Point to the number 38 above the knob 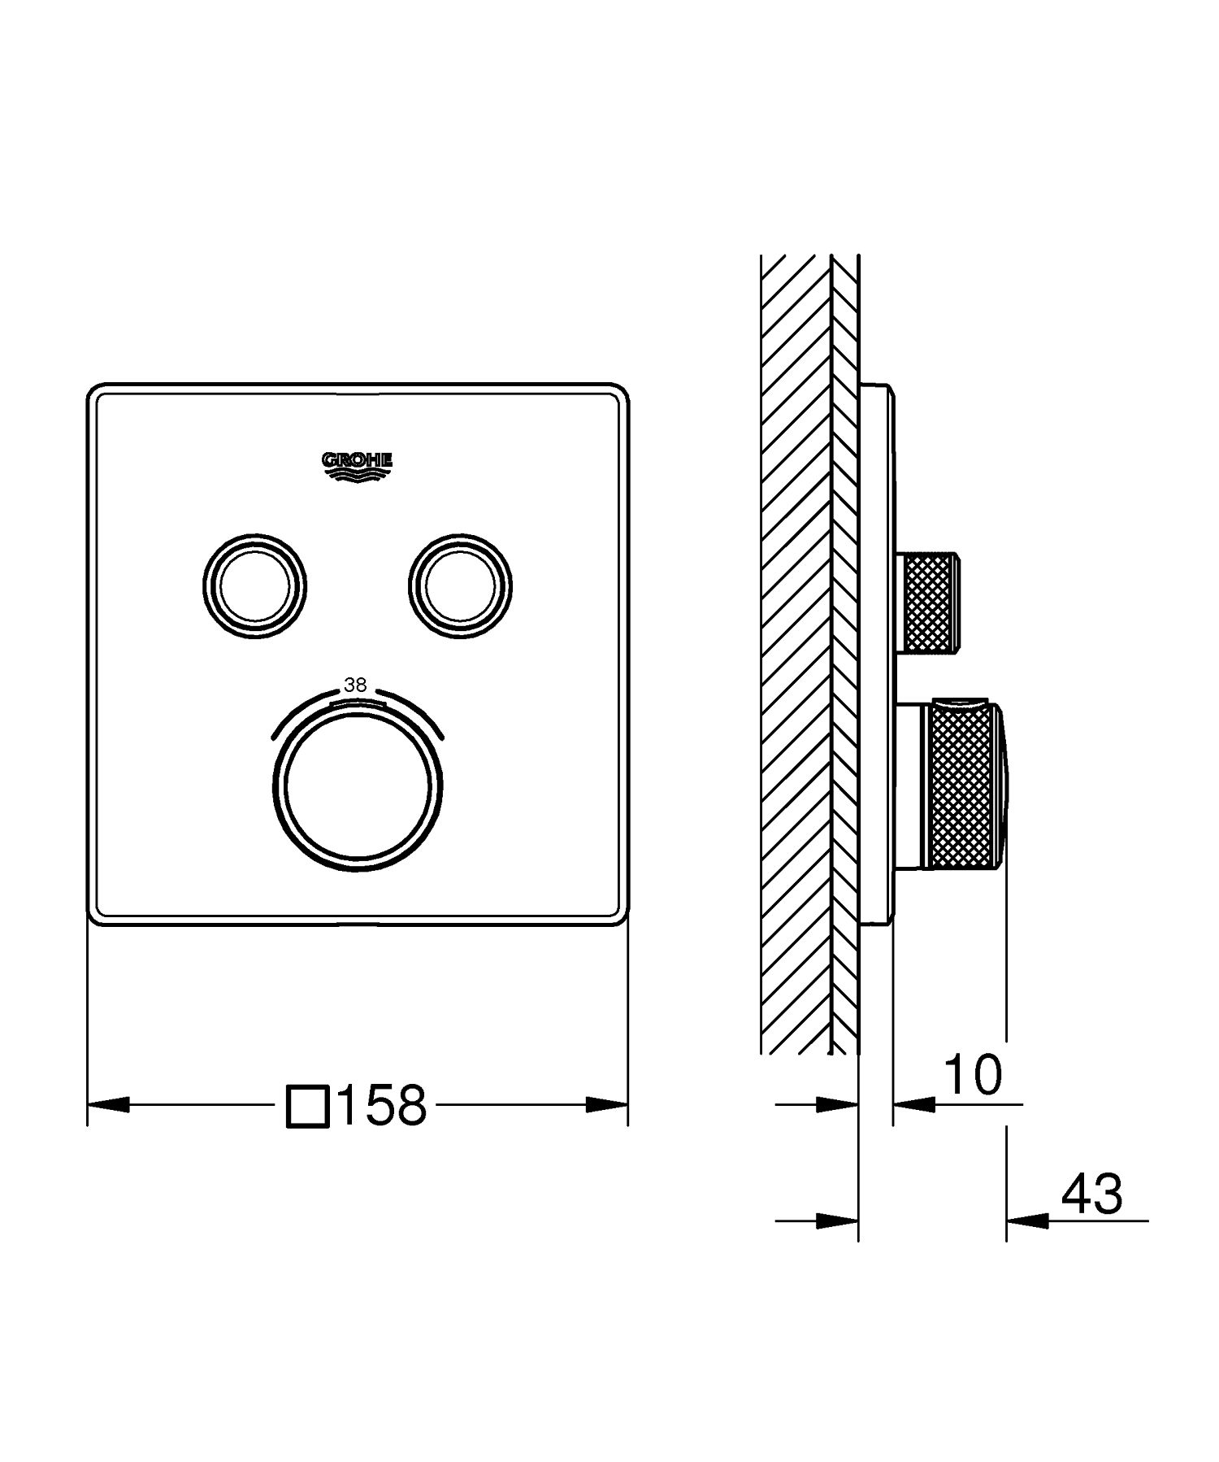pyautogui.click(x=355, y=685)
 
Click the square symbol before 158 pyautogui.click(x=308, y=1106)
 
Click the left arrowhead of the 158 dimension pyautogui.click(x=108, y=1104)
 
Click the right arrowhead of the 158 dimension pyautogui.click(x=606, y=1104)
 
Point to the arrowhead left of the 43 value pyautogui.click(x=1026, y=1220)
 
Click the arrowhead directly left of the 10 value pyautogui.click(x=913, y=1104)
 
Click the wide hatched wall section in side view pyautogui.click(x=795, y=651)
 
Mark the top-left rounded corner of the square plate pyautogui.click(x=96, y=391)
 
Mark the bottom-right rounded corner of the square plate pyautogui.click(x=620, y=916)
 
